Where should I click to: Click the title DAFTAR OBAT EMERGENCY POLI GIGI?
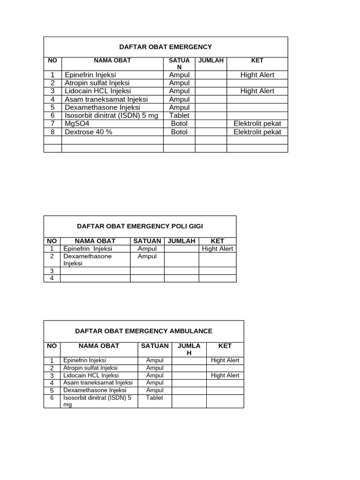point(140,226)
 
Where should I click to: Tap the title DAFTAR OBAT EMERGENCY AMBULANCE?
point(143,331)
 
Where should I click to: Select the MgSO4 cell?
point(77,124)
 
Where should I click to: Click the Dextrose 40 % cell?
point(89,132)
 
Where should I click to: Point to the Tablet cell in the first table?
point(179,116)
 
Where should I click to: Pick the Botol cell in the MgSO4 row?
point(179,124)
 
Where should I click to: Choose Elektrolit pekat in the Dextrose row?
point(257,132)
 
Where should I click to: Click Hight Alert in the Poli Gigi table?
point(217,249)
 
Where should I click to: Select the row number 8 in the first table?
point(53,132)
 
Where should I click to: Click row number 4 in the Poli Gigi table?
point(52,278)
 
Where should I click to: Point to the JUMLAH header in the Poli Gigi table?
point(181,241)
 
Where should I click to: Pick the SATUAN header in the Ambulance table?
point(155,346)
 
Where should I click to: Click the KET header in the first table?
point(257,60)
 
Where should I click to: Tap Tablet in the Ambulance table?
point(155,397)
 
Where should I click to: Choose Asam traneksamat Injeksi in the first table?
point(106,99)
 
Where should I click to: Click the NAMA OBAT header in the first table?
point(112,60)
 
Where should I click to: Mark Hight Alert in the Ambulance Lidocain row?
point(225,375)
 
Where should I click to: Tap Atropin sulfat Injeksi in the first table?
point(97,83)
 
